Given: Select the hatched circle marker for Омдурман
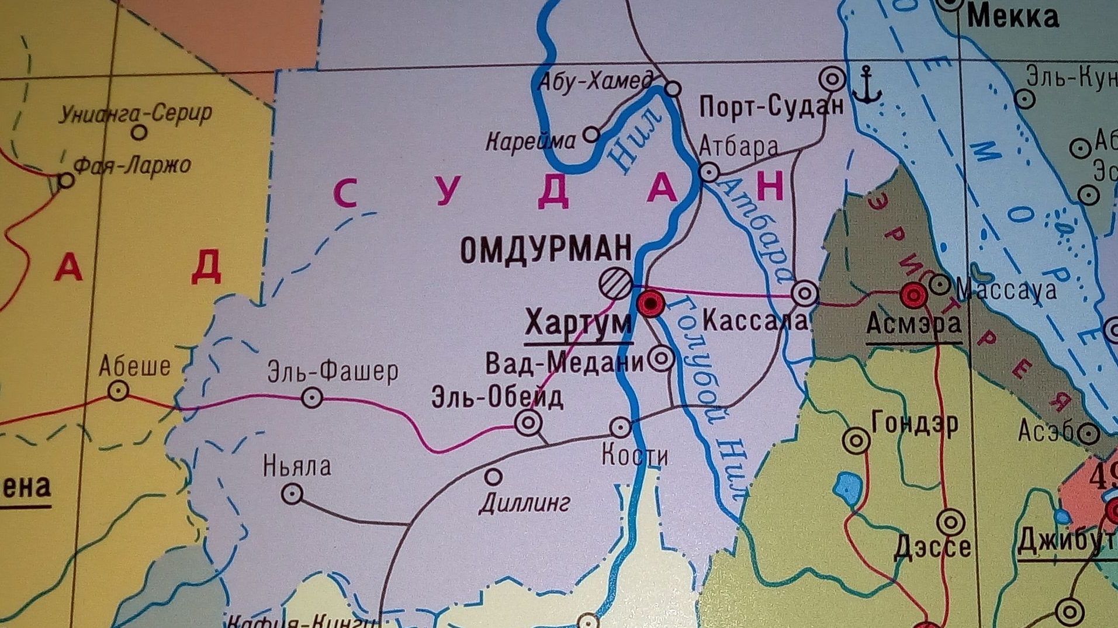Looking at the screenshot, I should pos(615,283).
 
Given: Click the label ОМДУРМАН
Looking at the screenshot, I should pos(546,249).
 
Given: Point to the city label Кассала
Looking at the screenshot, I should pos(754,320).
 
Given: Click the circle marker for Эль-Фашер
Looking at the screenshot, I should pos(312,398).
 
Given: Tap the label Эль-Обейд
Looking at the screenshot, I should pos(497,397).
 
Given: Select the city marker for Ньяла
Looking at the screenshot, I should pos(292,494).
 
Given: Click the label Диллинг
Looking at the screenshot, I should pos(524,503).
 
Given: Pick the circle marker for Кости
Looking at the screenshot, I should pos(620,428).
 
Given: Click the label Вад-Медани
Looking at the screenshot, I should pos(564,363).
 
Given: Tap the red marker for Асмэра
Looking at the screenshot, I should pos(913,295).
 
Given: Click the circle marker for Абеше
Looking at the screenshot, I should pos(119,390).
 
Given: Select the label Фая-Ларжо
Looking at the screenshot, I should pos(133,166).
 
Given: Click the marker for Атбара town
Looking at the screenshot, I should pos(709,172).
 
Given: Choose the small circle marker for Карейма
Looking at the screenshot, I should pos(591,134).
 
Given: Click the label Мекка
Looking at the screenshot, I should pos(1012,17).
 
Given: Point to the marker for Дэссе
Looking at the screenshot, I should pos(951,522).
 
